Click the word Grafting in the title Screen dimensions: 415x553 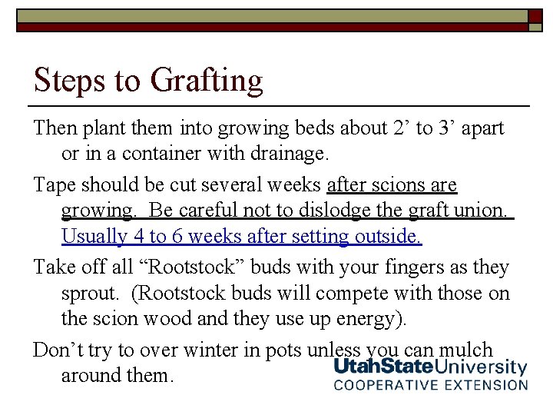click(207, 81)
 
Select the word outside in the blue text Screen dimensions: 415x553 click(388, 237)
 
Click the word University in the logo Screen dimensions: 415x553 click(482, 368)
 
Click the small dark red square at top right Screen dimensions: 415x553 click(535, 16)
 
